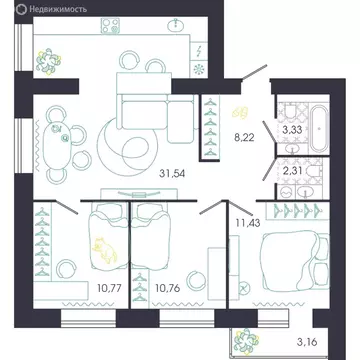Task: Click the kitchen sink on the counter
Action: (x=177, y=24)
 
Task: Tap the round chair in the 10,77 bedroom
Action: (x=65, y=266)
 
